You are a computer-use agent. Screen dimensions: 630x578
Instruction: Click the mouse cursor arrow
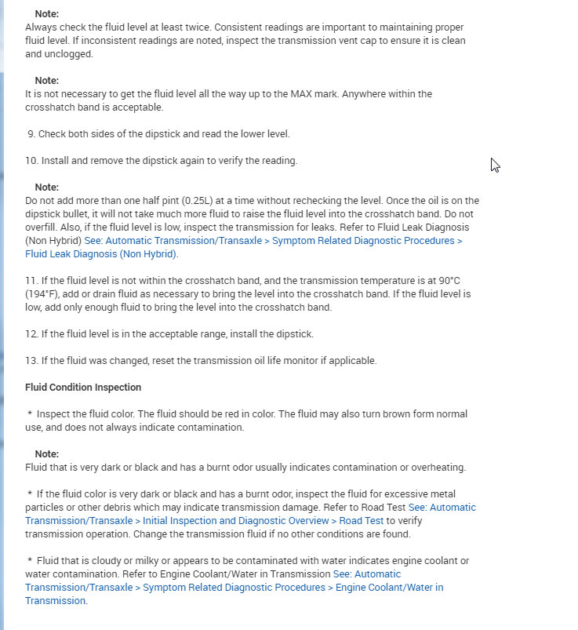click(x=495, y=165)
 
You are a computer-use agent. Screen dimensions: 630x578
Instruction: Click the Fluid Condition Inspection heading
click(x=83, y=388)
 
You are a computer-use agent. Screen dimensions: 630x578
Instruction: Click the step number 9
click(x=31, y=134)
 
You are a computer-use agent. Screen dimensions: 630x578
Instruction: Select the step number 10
click(x=31, y=161)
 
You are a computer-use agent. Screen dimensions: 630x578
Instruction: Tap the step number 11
click(x=31, y=281)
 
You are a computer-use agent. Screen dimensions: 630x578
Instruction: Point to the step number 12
click(x=31, y=334)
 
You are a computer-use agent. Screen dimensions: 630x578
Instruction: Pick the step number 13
click(x=31, y=361)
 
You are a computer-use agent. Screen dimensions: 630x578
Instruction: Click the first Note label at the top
click(x=47, y=14)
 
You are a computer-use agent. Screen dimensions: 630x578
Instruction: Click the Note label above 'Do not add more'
click(x=47, y=188)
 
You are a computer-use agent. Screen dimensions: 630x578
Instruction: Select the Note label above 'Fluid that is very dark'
click(x=47, y=454)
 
